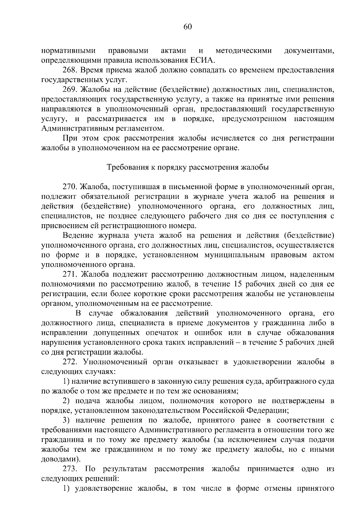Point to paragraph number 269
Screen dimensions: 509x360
[x=70, y=89]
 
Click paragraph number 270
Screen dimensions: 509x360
[x=70, y=187]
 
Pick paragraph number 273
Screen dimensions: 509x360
[x=70, y=469]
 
